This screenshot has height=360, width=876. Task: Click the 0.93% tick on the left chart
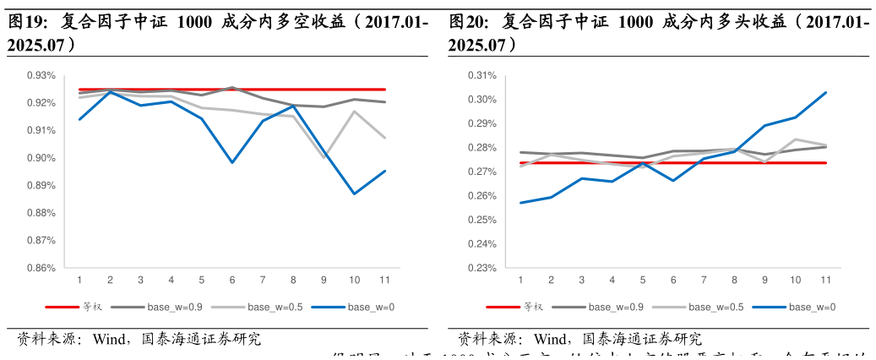pos(41,75)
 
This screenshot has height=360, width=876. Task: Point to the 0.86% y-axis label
pos(41,268)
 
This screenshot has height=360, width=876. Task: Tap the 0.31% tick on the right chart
pos(482,75)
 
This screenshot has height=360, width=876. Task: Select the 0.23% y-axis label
pos(482,268)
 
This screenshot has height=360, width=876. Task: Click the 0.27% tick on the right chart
pos(482,172)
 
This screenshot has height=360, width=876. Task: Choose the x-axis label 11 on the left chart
pos(384,280)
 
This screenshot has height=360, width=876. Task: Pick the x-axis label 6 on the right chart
pos(673,280)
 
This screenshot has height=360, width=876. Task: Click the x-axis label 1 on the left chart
pos(79,280)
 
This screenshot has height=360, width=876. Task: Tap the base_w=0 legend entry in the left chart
pos(371,307)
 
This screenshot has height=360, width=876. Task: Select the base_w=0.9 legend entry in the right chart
pos(615,307)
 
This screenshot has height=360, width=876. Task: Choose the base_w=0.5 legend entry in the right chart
pos(715,307)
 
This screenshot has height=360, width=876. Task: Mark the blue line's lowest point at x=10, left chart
pos(354,194)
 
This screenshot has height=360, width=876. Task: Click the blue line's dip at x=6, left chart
pos(232,162)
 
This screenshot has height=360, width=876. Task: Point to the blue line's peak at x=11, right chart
pos(825,93)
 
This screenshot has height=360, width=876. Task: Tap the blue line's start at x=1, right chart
pos(520,203)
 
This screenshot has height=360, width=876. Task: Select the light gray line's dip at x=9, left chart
pos(324,157)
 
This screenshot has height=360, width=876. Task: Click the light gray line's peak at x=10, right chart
pos(795,139)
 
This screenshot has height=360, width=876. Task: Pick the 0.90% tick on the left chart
pos(41,158)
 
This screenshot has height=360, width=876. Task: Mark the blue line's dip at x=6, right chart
pos(673,180)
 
